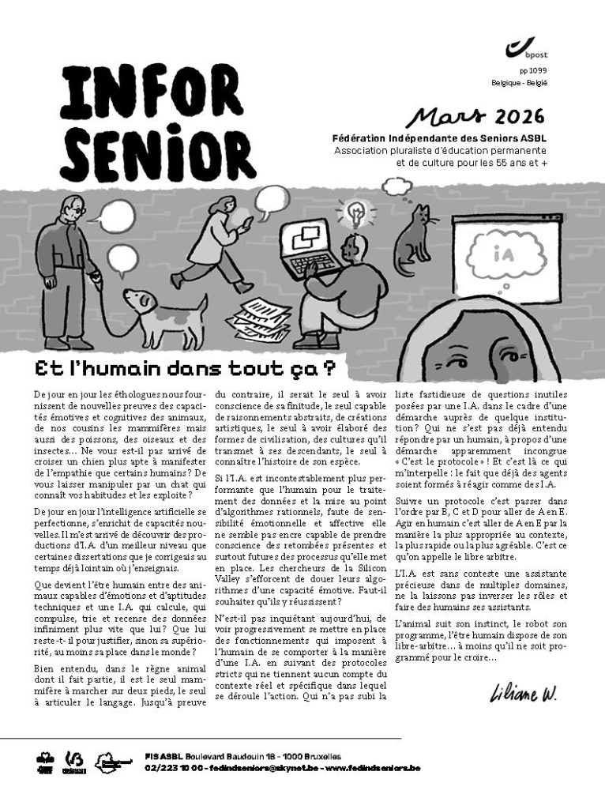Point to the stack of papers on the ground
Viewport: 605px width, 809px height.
pos(260,318)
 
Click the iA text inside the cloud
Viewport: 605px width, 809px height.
pos(502,256)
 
